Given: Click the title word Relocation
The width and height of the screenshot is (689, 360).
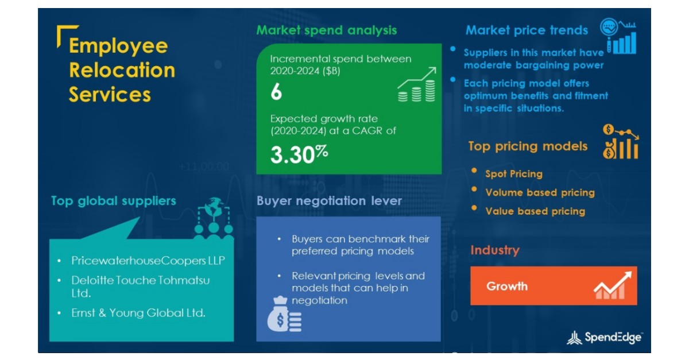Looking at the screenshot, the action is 122,70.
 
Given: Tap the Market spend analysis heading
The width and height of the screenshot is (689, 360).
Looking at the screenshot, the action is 326,30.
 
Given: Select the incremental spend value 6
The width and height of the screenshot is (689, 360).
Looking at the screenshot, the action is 276,92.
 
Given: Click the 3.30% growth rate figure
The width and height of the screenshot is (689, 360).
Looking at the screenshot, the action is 299,154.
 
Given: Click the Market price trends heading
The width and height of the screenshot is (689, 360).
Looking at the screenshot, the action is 527,30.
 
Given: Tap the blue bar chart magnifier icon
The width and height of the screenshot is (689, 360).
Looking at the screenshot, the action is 618,36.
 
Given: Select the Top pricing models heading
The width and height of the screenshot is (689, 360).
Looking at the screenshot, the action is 528,146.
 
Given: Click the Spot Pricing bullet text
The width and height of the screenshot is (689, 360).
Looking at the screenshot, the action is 514,174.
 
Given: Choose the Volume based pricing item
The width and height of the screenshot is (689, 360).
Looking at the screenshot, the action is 540,192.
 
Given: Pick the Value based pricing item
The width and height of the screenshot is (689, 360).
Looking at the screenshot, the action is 535,211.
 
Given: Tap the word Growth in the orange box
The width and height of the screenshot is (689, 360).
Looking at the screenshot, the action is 507,286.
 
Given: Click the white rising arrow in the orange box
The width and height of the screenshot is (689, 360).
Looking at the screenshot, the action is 613,285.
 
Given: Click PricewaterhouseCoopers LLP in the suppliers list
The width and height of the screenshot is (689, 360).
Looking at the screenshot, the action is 148,261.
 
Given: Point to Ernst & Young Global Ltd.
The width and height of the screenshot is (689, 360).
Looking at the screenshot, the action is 138,313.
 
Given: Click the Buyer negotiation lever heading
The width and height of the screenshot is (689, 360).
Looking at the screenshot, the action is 329,201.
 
